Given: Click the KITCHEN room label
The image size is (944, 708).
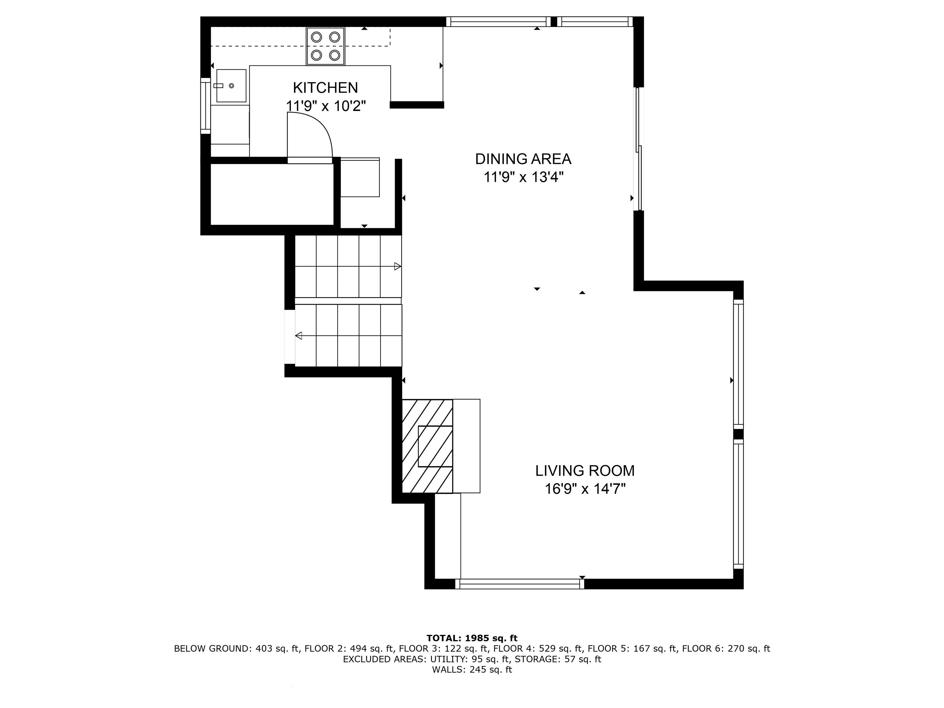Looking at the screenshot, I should (325, 88).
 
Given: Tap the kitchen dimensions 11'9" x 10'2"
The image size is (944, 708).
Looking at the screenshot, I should (326, 106).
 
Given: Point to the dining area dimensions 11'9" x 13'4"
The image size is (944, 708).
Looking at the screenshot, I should (523, 177).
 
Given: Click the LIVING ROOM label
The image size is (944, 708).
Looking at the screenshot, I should (585, 471).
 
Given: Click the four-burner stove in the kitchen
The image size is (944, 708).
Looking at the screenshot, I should (325, 46).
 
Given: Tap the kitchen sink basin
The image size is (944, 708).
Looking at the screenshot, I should (231, 86).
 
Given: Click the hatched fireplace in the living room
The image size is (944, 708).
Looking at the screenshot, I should (427, 446).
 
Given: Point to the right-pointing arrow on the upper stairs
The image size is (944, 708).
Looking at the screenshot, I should (397, 267).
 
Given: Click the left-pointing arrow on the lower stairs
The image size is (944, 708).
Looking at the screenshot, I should (299, 336).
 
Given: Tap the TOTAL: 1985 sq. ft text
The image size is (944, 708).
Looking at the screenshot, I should (472, 638).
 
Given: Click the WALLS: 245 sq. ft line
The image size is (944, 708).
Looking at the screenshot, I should (472, 670).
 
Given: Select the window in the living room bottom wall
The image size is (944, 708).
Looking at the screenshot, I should (519, 584).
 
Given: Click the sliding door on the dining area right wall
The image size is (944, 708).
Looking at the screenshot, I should (639, 149).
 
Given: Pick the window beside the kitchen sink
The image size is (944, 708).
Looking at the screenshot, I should (206, 106).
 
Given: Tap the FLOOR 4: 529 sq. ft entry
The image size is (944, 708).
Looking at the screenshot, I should (538, 649).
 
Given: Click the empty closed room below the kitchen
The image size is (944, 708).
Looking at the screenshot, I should (272, 194).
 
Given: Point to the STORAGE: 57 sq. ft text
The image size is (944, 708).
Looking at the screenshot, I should (557, 659).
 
